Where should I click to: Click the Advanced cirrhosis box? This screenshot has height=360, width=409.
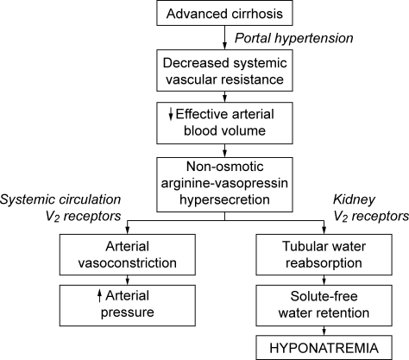[x=224, y=13]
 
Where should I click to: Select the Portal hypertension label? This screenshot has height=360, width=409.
[x=294, y=38]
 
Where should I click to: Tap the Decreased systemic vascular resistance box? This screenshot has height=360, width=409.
[x=224, y=71]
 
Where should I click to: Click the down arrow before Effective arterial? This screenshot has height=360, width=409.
[x=171, y=114]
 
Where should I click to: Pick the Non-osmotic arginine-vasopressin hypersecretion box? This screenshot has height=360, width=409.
[x=224, y=185]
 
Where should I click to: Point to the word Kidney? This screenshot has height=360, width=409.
[x=354, y=199]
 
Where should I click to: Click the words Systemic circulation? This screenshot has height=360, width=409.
[x=60, y=199]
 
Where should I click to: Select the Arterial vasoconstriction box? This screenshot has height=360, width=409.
[x=128, y=255]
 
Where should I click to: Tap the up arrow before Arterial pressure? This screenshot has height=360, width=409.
[x=99, y=296]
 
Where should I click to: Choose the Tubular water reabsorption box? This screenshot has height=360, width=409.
[x=324, y=255]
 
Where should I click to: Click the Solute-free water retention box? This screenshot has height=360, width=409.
[x=324, y=306]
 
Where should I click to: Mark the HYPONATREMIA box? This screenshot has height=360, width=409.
[x=324, y=348]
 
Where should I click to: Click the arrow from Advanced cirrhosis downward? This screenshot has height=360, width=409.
[x=224, y=37]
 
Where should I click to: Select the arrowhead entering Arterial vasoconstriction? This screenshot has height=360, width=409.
[x=128, y=231]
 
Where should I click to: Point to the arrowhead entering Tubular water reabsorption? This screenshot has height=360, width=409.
[x=324, y=231]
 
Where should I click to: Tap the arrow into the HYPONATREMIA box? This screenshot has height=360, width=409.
[x=324, y=331]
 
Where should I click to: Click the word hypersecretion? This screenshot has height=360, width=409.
[x=224, y=199]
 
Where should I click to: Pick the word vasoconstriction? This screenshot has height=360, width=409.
[x=128, y=263]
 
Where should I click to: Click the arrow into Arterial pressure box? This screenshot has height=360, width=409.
[x=128, y=280]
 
